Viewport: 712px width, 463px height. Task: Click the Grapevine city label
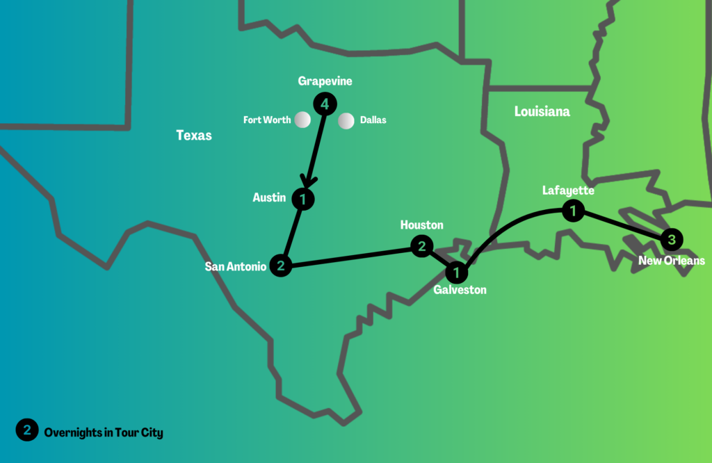[325, 81]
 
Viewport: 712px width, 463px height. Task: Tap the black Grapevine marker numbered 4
[325, 104]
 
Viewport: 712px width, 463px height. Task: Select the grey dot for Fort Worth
[302, 120]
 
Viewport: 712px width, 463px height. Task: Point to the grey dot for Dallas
[346, 121]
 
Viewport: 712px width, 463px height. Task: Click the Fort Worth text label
[267, 120]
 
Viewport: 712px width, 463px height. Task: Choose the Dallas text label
[373, 120]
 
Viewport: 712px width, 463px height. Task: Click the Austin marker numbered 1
[302, 200]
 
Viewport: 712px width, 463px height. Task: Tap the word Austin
[269, 198]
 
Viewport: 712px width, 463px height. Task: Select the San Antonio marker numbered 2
[280, 265]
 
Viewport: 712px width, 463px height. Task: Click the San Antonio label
[235, 266]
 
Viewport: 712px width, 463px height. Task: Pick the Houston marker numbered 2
[421, 246]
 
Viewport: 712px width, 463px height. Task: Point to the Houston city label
[421, 225]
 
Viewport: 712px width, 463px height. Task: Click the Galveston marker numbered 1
[457, 270]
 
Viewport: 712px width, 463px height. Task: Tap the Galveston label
[460, 290]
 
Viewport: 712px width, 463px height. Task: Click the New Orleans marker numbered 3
[671, 240]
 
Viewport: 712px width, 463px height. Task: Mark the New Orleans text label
[672, 261]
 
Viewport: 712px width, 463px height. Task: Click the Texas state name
[194, 136]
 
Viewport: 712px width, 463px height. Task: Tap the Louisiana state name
[542, 111]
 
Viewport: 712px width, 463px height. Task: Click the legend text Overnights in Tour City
[104, 432]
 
